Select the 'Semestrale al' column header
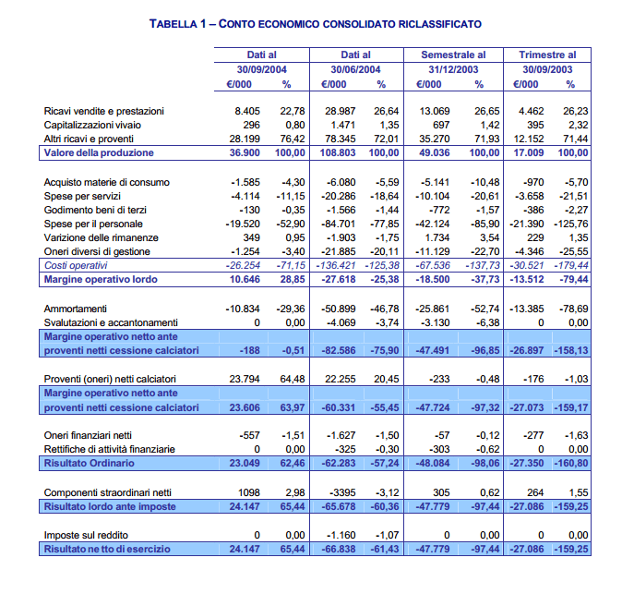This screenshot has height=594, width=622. point(453,55)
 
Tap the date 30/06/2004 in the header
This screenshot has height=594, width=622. point(355,69)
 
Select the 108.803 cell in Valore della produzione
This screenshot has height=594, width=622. point(338,153)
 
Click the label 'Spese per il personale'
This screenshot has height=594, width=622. point(93,224)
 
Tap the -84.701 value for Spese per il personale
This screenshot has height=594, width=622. point(340,224)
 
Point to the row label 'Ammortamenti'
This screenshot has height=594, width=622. point(76,309)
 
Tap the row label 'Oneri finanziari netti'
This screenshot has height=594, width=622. point(90,435)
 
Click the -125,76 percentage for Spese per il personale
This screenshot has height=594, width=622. point(572,224)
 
